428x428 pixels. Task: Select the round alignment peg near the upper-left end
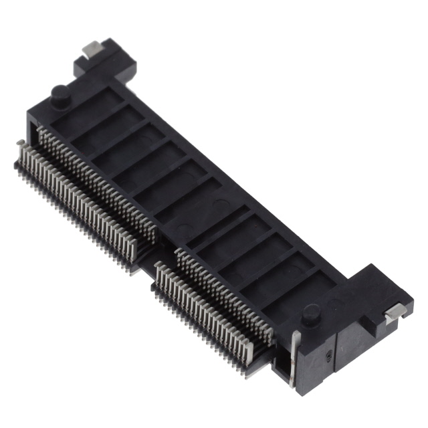point(58,94)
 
